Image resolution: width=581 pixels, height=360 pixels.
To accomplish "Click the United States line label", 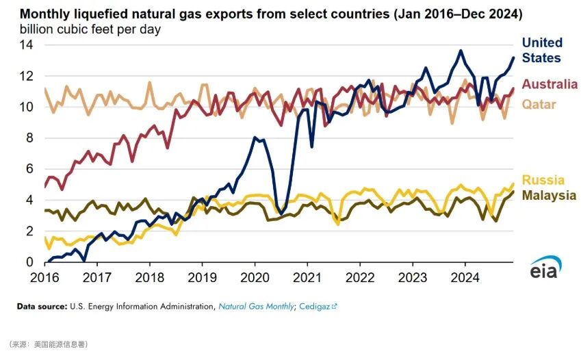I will pos(541,51).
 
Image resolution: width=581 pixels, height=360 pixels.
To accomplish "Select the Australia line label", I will pos(550,85).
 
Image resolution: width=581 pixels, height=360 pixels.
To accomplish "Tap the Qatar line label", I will pos(539,105).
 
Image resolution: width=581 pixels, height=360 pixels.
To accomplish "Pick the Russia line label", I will pos(543,180).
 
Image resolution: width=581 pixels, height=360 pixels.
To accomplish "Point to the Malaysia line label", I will pos(549,195).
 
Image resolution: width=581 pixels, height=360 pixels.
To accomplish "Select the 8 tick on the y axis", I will pos(29,138).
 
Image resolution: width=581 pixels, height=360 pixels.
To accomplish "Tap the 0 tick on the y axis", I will pos(29,262).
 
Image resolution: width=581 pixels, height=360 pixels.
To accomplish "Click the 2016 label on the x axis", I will pos(44,278).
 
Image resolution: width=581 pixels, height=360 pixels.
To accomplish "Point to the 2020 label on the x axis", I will pos(255,278).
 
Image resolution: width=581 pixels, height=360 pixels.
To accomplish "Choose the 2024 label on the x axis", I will pos(465,278).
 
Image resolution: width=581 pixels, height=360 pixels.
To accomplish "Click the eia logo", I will pos(545,268).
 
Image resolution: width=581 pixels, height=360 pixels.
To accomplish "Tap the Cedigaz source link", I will pos(317,307).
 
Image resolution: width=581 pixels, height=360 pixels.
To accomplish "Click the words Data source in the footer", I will pos(41,307).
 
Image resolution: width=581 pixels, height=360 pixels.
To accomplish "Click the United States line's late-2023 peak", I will pos(461,51).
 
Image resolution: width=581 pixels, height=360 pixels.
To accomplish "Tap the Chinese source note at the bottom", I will pos(48,344).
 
